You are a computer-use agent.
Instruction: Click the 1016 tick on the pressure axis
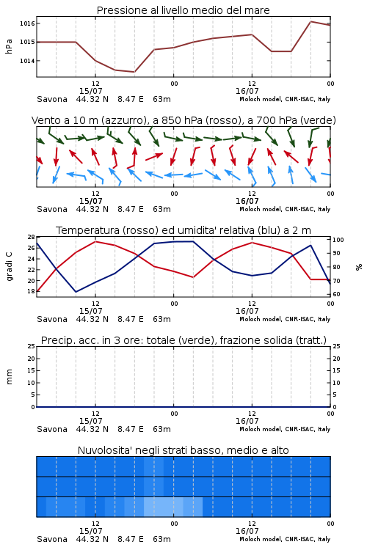(27, 23)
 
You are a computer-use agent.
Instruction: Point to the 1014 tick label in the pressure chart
(27, 61)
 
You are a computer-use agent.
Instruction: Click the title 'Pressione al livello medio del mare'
(183, 10)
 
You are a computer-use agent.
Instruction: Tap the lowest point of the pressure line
(134, 72)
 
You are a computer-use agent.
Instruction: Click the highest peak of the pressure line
(310, 21)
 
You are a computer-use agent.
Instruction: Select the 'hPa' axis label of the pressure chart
(9, 46)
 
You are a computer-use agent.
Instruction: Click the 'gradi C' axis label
(10, 266)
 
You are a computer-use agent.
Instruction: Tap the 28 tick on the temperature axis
(32, 237)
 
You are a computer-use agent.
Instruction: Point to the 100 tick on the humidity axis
(338, 240)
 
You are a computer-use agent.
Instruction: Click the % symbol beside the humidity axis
(359, 267)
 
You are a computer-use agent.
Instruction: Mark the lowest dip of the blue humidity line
(76, 292)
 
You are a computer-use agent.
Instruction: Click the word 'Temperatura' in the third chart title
(88, 230)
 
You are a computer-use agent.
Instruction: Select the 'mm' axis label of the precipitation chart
(9, 377)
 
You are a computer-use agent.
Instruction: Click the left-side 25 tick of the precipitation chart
(32, 346)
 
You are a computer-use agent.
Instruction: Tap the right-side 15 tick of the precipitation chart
(336, 370)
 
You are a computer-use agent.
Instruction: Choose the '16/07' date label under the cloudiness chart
(247, 531)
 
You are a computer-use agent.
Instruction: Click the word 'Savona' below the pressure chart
(52, 99)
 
